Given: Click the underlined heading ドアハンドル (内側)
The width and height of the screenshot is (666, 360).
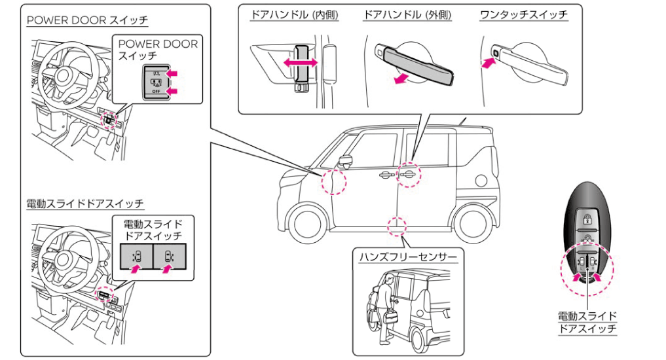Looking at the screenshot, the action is (294, 15).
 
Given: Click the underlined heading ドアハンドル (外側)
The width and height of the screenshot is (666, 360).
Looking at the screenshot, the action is (407, 15).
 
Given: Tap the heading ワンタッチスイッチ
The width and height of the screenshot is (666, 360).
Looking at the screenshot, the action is (524, 15).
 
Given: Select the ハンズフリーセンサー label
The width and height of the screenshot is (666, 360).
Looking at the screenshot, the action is (408, 257).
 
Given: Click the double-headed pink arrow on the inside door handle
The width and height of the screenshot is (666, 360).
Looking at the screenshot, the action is (301, 63).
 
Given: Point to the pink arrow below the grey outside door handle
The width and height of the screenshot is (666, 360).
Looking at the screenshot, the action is (401, 79).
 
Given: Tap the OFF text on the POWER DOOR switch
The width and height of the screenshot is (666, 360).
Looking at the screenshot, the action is (157, 91).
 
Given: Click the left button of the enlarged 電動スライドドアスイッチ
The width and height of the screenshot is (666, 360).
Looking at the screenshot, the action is (136, 257).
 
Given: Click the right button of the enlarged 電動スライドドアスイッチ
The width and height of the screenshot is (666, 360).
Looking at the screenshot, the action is (169, 257).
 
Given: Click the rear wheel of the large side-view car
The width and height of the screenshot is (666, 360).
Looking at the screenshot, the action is (471, 223).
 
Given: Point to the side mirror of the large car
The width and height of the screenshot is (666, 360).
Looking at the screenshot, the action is (346, 161).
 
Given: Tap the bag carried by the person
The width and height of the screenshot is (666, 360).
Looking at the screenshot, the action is (390, 317).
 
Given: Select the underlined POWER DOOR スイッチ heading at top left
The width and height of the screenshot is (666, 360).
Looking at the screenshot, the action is (88, 20).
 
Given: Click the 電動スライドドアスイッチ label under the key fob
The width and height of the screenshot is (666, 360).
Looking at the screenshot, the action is (587, 322).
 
